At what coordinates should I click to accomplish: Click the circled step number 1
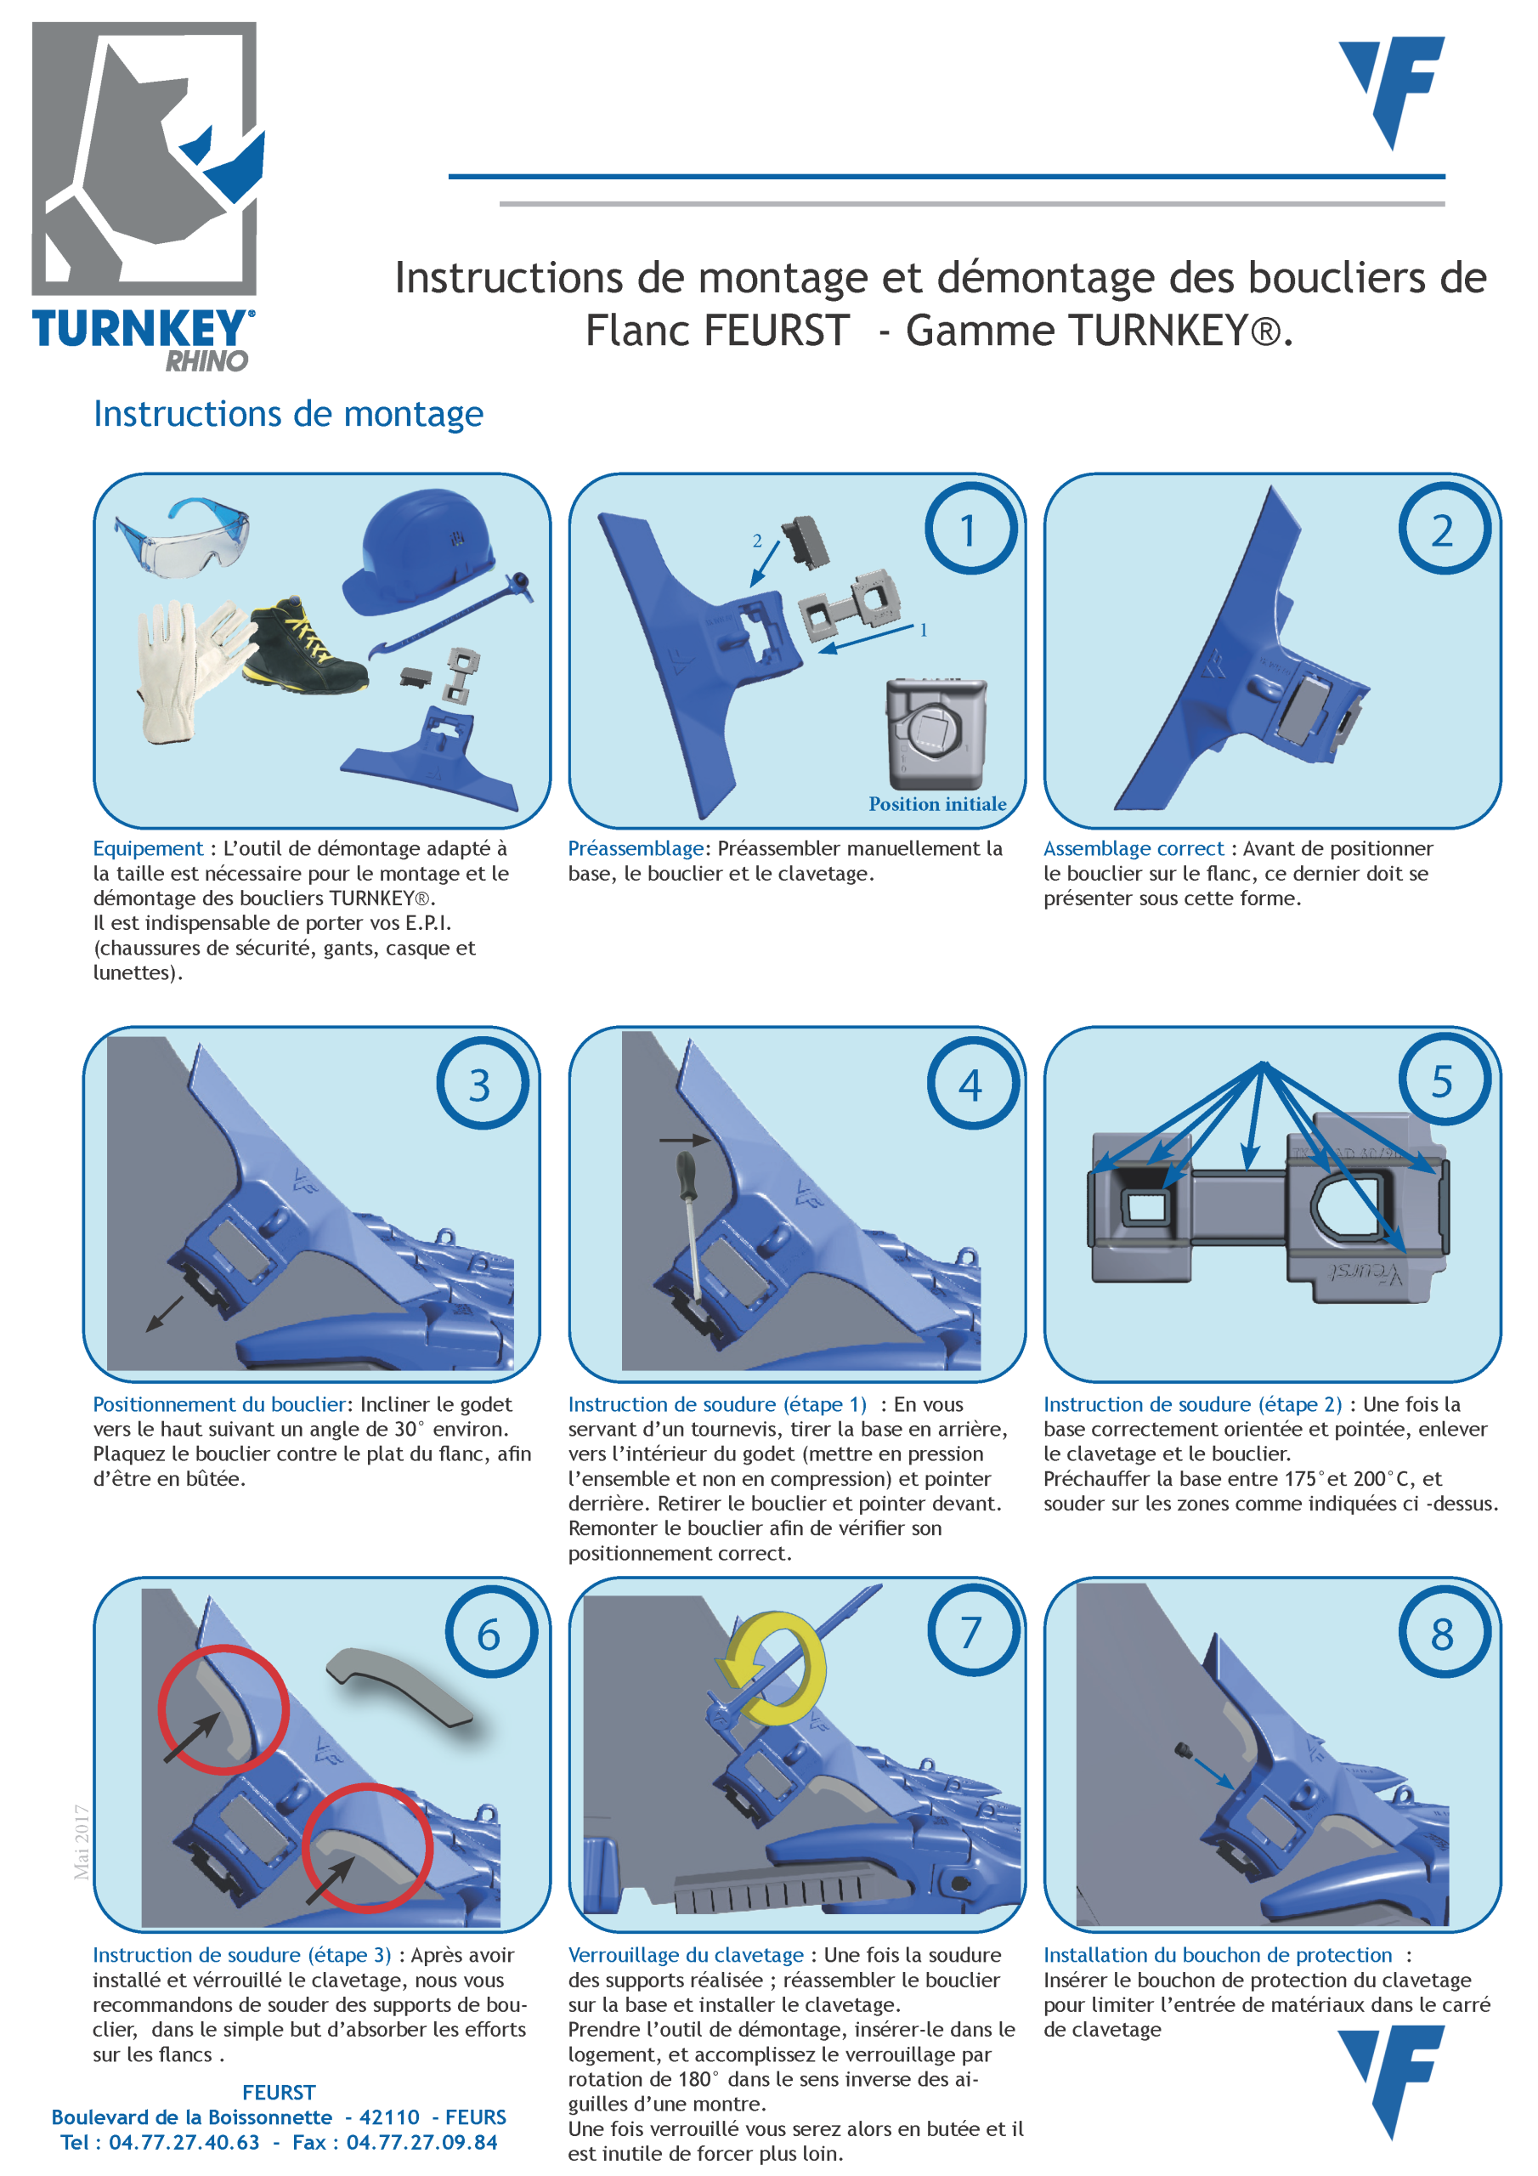coord(970,529)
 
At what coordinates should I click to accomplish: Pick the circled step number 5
coord(1442,1081)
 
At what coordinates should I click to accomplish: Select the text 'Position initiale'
coord(937,804)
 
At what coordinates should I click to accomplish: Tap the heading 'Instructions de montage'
coord(288,414)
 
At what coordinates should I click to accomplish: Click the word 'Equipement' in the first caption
coord(148,849)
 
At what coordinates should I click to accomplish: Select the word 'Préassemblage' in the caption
coord(636,849)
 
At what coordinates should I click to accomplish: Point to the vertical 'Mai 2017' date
coord(82,1843)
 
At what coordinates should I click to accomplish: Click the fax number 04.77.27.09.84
coord(421,2142)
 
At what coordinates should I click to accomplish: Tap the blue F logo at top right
coord(1392,92)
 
